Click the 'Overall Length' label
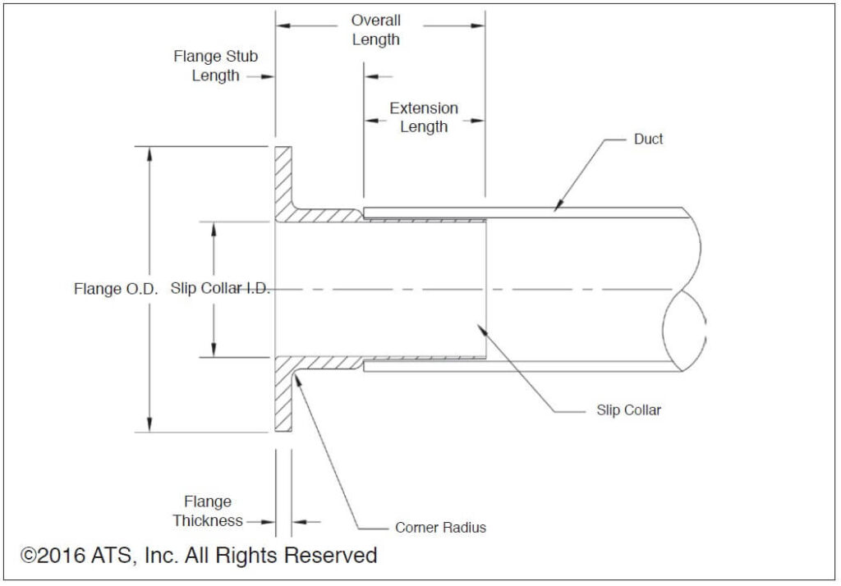(x=376, y=30)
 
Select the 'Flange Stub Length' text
(x=215, y=66)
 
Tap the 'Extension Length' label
(x=424, y=117)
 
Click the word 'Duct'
(x=648, y=140)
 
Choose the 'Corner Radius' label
(x=440, y=528)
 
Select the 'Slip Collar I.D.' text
(x=220, y=289)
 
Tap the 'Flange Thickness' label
(x=208, y=511)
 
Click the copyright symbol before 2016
(x=30, y=556)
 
